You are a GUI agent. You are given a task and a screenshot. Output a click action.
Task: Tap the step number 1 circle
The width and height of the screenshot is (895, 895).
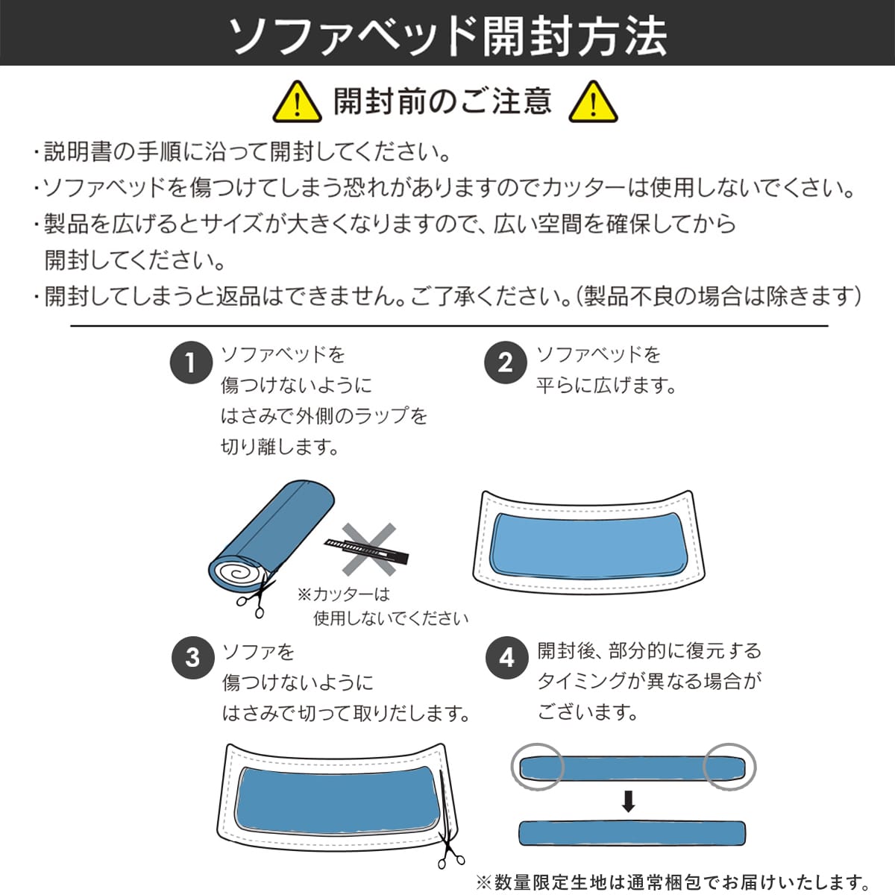point(191,363)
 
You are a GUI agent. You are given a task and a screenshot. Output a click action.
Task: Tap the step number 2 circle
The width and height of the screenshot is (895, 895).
point(506,363)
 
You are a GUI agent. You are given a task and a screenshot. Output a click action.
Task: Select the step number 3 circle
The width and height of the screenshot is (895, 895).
point(192,658)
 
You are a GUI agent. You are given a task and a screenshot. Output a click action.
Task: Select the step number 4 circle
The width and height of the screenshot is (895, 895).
point(506,658)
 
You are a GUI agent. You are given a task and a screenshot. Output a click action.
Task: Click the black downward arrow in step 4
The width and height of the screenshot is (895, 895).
point(629,802)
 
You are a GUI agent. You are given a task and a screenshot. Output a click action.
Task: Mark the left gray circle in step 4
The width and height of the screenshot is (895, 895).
point(538,767)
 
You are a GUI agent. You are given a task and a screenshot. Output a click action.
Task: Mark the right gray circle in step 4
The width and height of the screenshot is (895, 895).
point(730,767)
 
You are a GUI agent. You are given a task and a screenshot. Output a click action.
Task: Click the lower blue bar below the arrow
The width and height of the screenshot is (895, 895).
point(632,833)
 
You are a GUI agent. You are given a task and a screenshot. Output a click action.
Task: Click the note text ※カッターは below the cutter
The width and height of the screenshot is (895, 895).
point(344,594)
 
